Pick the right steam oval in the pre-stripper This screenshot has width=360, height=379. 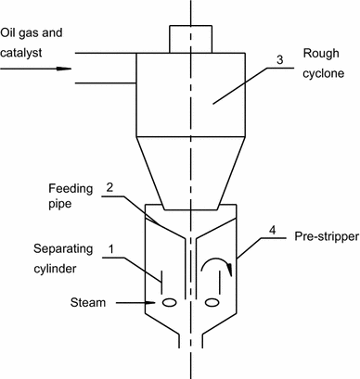tap(212, 302)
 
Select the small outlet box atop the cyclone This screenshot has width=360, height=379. tap(189, 39)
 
